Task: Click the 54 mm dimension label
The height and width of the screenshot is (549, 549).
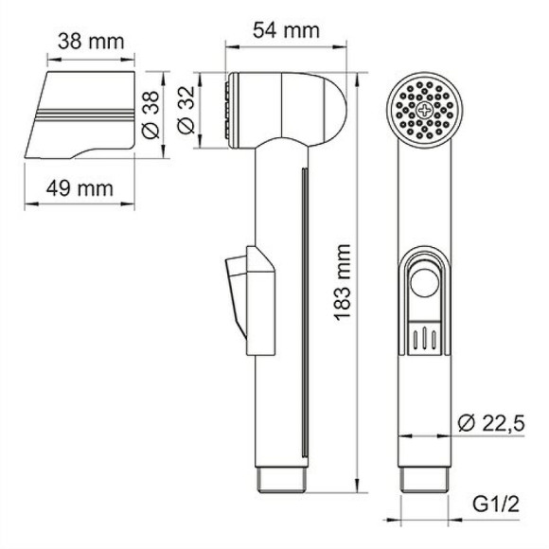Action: (283, 29)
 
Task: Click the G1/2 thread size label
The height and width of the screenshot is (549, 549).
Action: (497, 506)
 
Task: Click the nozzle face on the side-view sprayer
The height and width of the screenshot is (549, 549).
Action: (228, 109)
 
